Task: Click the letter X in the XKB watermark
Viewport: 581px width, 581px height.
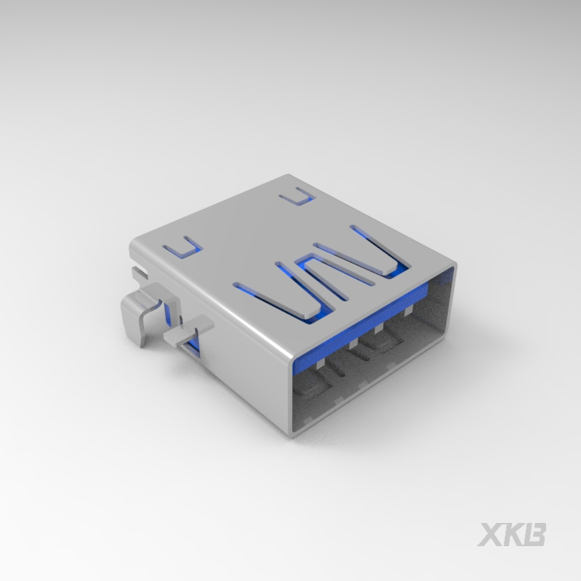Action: (490, 535)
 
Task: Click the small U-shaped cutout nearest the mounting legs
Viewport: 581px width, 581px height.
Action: (184, 247)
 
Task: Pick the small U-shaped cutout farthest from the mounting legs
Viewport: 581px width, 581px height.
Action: (297, 197)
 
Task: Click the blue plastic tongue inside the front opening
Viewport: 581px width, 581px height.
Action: (361, 326)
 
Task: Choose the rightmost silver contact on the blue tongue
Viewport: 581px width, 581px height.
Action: (408, 311)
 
